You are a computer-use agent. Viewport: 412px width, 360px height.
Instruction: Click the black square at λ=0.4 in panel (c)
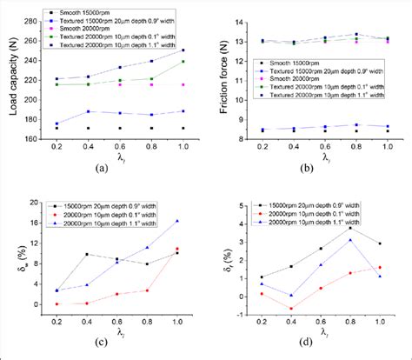pos(87,255)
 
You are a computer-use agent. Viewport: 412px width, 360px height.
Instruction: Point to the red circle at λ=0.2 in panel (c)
pos(57,303)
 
